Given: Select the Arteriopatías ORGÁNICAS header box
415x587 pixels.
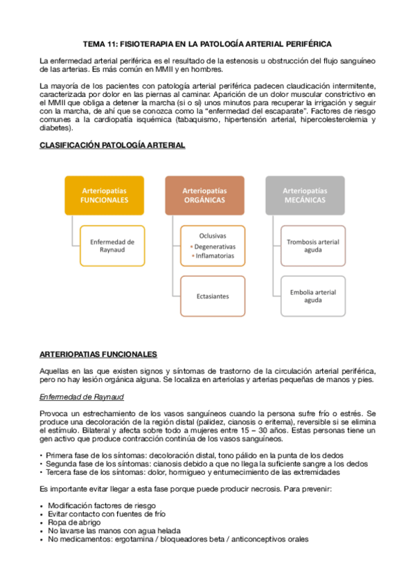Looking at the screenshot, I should [204, 195].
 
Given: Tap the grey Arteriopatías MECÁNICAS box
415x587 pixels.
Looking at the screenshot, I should [305, 195].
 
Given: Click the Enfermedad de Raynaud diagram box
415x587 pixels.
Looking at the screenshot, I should [112, 246].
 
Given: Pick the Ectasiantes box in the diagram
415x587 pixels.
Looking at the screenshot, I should [213, 296].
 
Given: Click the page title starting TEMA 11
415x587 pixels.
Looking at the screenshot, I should [207, 43].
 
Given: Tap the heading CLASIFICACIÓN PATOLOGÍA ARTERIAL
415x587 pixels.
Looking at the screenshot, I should [112, 146].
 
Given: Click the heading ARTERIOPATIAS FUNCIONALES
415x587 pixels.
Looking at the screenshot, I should [98, 354].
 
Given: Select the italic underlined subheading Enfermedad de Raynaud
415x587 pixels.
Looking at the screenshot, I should [82, 397].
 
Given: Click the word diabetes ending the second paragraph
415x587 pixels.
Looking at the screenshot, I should [55, 128].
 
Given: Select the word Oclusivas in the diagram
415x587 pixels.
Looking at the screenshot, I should [213, 235].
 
